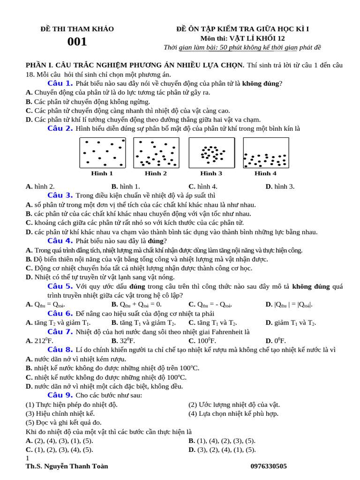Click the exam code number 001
(77, 42)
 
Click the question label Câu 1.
(60, 83)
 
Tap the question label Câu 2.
(60, 128)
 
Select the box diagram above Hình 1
(102, 153)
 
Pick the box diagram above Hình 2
(156, 153)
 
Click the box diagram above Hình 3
(211, 153)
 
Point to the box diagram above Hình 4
(265, 153)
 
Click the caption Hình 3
(211, 173)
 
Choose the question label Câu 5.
(60, 286)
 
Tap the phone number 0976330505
(269, 466)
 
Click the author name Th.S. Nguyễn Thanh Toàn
(67, 466)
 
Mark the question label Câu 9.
(60, 395)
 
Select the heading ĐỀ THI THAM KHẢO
(77, 29)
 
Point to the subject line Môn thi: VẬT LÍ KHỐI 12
(242, 38)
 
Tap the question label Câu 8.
(60, 350)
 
